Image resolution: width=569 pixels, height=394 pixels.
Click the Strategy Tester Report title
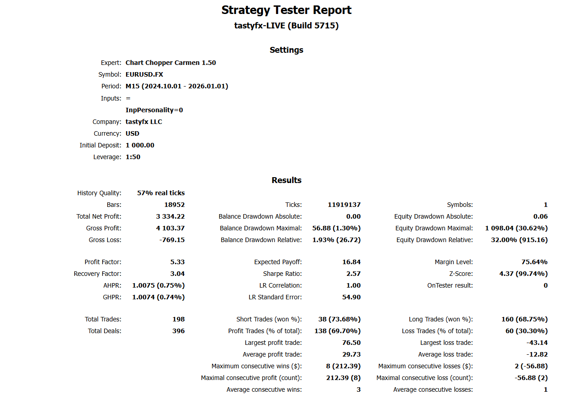[286, 10]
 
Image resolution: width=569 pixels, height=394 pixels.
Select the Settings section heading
[286, 50]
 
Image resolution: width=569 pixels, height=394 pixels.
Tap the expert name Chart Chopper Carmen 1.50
[171, 63]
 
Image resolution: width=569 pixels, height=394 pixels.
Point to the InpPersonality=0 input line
[154, 110]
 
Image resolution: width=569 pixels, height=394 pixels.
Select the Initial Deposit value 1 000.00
[140, 145]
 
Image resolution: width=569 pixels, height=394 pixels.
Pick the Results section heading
[286, 180]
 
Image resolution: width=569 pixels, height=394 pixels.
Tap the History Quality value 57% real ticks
[161, 193]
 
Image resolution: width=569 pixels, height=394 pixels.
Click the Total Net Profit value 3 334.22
[170, 216]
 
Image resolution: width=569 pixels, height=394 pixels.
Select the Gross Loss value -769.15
[172, 240]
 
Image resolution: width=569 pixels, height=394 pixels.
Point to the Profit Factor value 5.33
[177, 262]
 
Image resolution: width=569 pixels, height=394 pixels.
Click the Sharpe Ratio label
[282, 274]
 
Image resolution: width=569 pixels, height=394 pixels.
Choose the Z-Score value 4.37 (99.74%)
[524, 274]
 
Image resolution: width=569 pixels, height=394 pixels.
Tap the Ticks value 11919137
[344, 205]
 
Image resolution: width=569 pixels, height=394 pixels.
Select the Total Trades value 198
[178, 319]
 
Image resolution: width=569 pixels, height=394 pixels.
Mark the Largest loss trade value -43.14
[537, 343]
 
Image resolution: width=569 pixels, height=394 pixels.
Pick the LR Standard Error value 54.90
[351, 297]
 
